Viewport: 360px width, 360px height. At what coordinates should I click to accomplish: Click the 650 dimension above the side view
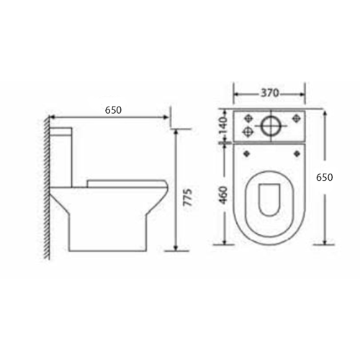coord(113,110)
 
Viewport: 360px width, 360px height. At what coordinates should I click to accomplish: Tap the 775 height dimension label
coord(188,197)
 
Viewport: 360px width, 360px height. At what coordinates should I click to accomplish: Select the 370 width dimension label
coord(270,93)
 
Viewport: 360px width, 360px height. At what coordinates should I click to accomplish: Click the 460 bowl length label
coord(223,195)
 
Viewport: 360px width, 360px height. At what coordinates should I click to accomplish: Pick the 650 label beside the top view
coord(325,177)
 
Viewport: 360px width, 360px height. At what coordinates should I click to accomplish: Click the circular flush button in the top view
coord(271,126)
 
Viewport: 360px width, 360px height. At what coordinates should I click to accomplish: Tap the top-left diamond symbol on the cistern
coord(248,118)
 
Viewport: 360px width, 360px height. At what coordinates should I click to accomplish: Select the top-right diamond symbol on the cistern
coord(297,118)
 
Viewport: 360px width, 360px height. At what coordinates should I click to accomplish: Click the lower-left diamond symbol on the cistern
coord(247,131)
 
